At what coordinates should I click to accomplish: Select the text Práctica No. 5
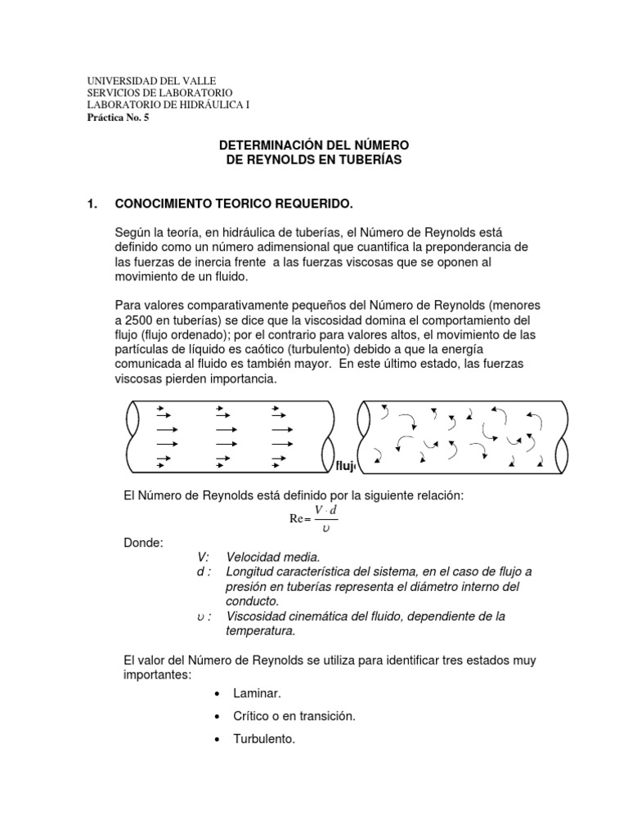pos(118,117)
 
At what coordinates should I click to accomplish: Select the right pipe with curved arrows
pos(462,436)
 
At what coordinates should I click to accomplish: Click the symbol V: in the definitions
pos(204,557)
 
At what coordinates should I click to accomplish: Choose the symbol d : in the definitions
pos(204,572)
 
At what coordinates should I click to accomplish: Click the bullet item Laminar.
pos(257,693)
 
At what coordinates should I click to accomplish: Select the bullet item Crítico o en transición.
pos(294,716)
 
